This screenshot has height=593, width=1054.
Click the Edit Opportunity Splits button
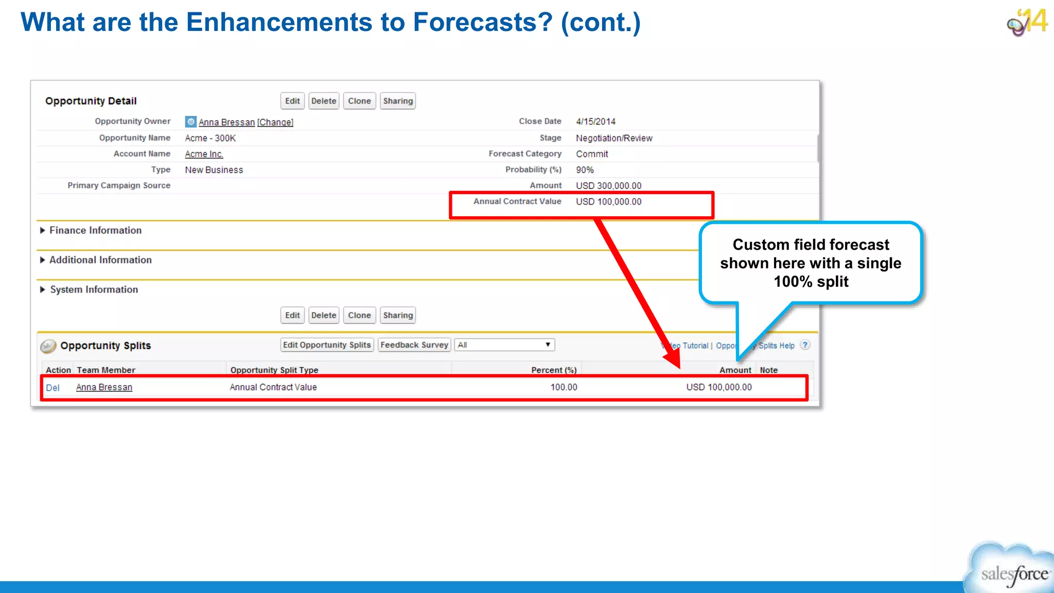coord(327,345)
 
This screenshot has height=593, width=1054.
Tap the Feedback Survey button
coord(414,345)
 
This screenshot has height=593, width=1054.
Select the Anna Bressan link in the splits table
coord(104,387)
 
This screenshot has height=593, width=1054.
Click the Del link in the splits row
coord(52,388)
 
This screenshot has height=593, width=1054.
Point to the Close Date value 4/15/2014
coord(595,121)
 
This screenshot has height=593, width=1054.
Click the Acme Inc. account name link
coord(204,154)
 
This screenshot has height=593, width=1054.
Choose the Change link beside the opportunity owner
coord(275,122)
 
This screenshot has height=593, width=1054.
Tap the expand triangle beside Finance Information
coord(43,231)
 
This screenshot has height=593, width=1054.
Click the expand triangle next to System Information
coord(43,290)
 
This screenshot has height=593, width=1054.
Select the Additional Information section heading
coord(100,260)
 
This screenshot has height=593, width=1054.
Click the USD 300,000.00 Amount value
coord(608,186)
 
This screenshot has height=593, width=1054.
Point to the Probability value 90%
coord(585,170)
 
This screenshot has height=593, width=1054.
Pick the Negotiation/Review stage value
coord(614,138)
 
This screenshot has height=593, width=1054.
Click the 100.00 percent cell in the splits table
coord(564,387)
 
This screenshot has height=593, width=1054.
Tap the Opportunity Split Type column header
coord(274,370)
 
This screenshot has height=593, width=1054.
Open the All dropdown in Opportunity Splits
coord(504,345)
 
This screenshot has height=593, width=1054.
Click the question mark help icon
coord(805,345)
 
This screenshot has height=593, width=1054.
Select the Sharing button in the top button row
coord(398,101)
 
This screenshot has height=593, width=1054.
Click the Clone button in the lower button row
coord(359,315)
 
